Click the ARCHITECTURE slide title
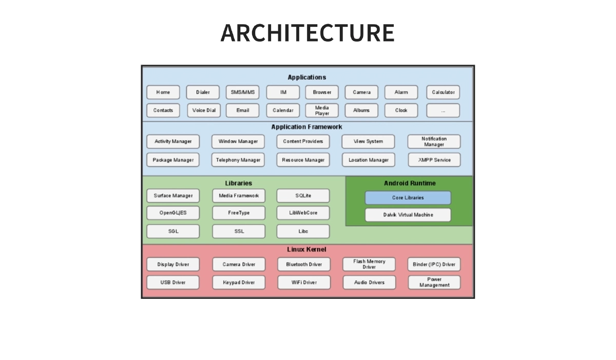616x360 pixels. pyautogui.click(x=307, y=33)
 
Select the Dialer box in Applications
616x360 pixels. pyautogui.click(x=203, y=92)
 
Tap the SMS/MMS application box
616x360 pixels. pyautogui.click(x=242, y=92)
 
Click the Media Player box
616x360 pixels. pyautogui.click(x=322, y=110)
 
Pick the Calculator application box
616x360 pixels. pyautogui.click(x=443, y=92)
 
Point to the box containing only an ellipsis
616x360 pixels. pyautogui.click(x=443, y=110)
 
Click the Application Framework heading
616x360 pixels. pyautogui.click(x=306, y=127)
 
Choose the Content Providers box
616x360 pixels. pyautogui.click(x=303, y=141)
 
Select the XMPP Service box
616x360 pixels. pyautogui.click(x=434, y=160)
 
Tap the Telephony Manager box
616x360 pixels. pyautogui.click(x=238, y=160)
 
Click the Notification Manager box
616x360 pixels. pyautogui.click(x=434, y=141)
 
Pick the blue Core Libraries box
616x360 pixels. pyautogui.click(x=408, y=198)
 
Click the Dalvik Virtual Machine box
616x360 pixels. pyautogui.click(x=408, y=215)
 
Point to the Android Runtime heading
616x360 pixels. pyautogui.click(x=410, y=183)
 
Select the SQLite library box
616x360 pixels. pyautogui.click(x=303, y=196)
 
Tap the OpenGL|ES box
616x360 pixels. pyautogui.click(x=173, y=213)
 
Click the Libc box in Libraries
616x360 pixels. pyautogui.click(x=303, y=231)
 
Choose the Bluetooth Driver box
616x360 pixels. pyautogui.click(x=304, y=264)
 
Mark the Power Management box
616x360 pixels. pyautogui.click(x=434, y=282)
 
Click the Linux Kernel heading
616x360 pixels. pyautogui.click(x=306, y=250)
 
